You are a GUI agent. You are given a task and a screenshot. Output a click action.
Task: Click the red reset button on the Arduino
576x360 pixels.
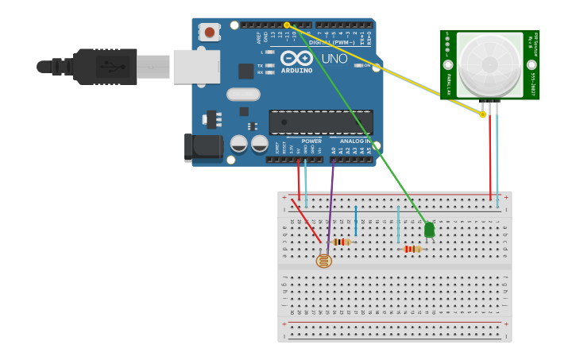coord(210,32)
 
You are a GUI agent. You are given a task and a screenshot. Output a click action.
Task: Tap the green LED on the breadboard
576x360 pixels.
coord(430,230)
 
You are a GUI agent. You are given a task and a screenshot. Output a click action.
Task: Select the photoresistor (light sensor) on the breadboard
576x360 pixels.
coord(323,261)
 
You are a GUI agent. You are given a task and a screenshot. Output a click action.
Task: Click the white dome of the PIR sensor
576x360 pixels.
coord(489,64)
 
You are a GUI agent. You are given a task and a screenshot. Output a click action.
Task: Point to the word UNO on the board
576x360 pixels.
coord(334,58)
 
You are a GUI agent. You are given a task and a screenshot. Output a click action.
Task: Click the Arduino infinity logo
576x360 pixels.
coord(296,58)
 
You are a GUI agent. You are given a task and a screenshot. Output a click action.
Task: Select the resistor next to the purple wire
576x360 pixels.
coord(342,242)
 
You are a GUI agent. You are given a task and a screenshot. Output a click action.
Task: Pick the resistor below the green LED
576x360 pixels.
coord(412,249)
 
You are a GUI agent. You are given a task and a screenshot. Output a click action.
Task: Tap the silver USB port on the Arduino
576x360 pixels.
coord(196,67)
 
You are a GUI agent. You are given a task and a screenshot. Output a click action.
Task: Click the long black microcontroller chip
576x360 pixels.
coord(321,122)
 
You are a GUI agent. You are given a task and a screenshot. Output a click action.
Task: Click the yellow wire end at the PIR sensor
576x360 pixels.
coord(482,114)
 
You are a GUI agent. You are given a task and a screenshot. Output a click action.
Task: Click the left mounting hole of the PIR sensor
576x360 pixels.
coord(448,64)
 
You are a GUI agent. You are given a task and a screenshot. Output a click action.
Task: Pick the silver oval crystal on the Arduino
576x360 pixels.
coord(243,95)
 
